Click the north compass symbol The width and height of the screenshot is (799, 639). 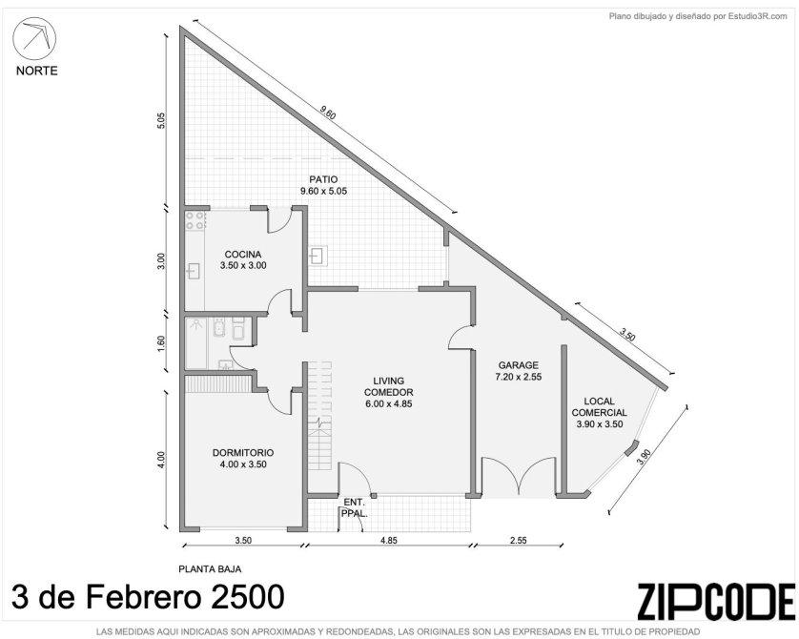point(34,40)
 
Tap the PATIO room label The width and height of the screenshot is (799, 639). point(323,179)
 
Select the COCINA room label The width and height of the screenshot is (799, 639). point(243,255)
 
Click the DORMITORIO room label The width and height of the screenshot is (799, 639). point(243,452)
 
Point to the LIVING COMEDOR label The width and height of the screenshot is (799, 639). point(389,387)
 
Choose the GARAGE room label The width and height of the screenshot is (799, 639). point(519,365)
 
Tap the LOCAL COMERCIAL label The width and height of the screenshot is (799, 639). point(599,407)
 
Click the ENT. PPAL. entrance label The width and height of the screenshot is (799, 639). point(354,508)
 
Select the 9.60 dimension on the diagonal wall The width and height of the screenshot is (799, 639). point(328,113)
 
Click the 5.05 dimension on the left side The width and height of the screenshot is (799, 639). point(161,120)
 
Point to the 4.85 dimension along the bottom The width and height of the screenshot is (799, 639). point(389,541)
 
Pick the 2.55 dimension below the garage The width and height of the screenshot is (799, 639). point(519,541)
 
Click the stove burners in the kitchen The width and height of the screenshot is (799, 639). point(195,220)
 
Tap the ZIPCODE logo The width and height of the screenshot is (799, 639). point(715,602)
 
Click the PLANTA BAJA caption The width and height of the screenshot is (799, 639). point(210,569)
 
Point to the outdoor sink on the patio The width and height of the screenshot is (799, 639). point(318,256)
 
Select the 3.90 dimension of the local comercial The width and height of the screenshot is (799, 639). point(644,457)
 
